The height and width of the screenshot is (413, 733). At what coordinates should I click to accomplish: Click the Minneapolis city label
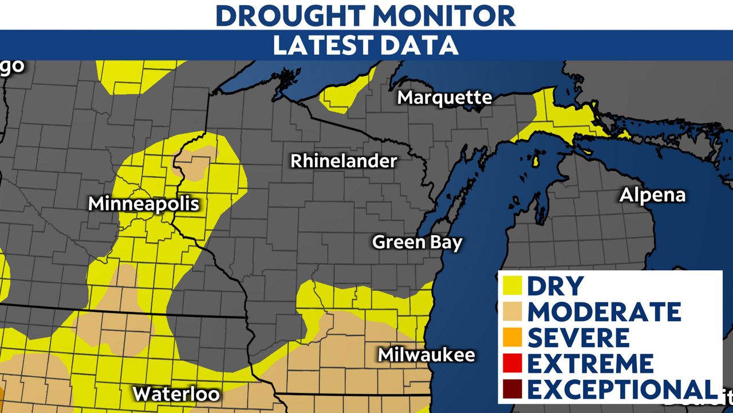pos(143,204)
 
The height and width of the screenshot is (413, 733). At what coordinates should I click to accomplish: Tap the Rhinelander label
pos(343,161)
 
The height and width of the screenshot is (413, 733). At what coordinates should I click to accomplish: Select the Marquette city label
pos(444,98)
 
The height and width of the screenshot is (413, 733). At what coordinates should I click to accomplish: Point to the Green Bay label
pos(417,242)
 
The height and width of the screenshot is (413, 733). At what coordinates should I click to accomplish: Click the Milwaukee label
pos(426,354)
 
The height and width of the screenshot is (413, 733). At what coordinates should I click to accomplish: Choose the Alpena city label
pos(652,195)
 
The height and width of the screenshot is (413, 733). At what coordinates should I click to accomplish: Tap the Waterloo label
pos(176,394)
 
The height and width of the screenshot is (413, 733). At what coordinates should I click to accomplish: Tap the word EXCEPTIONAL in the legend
pos(621,389)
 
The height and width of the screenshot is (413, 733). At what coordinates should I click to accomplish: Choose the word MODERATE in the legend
pos(604,311)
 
